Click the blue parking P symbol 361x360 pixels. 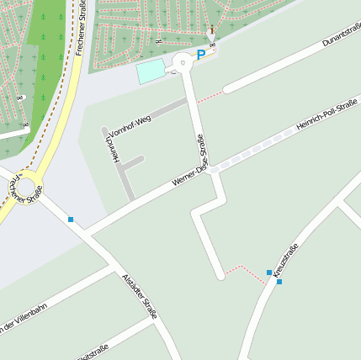[201, 55]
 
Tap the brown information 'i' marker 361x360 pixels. [212, 31]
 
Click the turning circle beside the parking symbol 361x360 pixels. [183, 62]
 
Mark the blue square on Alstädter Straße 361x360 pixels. [71, 220]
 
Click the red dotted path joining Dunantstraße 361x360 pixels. [211, 96]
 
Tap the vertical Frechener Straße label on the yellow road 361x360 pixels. [81, 27]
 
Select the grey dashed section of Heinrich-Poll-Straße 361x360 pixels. [252, 151]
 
